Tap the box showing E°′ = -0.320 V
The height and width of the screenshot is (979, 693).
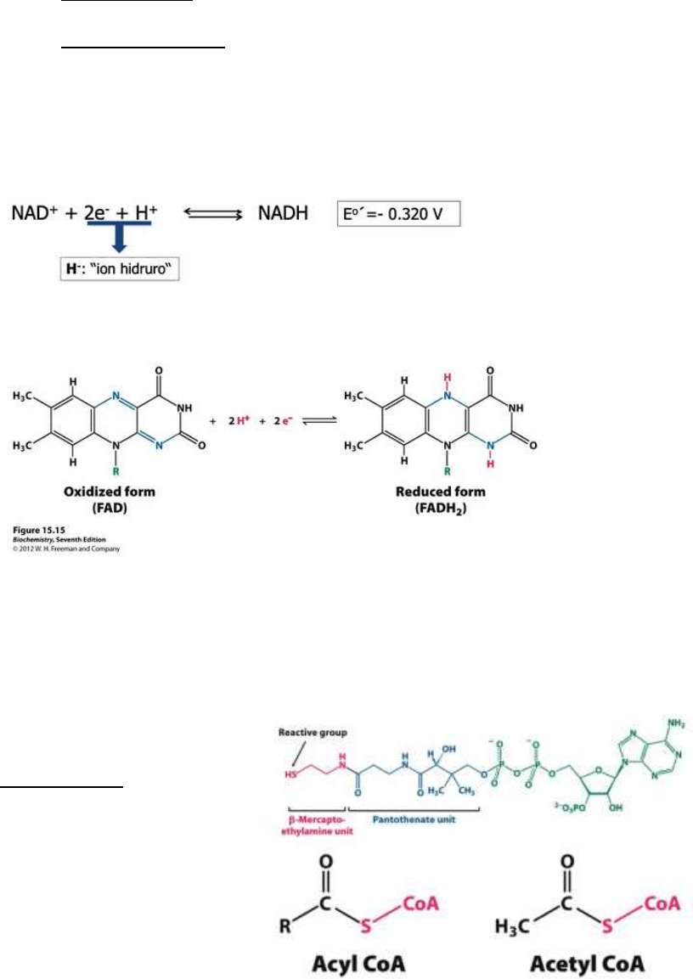pos(398,213)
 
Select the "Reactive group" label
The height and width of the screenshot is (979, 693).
pos(308,707)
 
